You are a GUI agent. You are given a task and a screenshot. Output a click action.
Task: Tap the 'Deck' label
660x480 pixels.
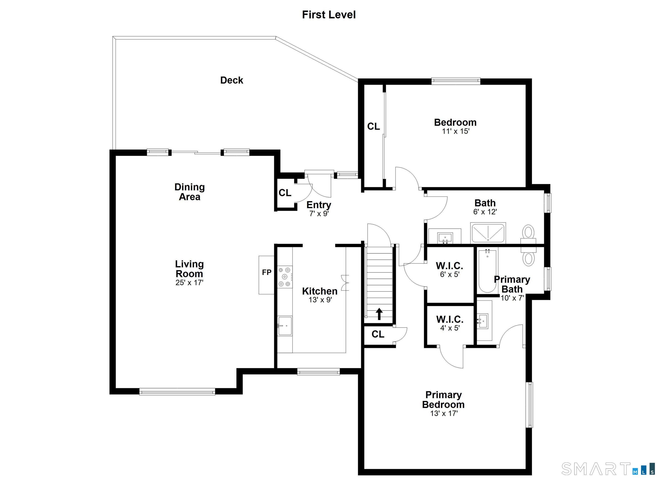(232, 80)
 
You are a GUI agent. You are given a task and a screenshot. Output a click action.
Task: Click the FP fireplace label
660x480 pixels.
(267, 272)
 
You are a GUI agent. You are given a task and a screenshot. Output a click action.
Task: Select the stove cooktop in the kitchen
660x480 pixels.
(285, 277)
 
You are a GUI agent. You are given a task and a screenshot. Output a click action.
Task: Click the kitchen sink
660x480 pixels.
(285, 326)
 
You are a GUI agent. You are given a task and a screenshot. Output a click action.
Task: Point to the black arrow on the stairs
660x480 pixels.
(379, 314)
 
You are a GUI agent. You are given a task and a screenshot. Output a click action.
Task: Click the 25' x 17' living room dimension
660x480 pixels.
(189, 282)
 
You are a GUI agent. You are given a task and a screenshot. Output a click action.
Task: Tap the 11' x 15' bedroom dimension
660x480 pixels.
(456, 131)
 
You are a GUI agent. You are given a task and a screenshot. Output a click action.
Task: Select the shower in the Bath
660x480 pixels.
(488, 232)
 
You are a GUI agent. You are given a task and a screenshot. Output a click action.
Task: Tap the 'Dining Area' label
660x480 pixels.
(189, 192)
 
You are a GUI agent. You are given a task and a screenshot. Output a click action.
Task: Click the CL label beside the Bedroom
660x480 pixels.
(373, 126)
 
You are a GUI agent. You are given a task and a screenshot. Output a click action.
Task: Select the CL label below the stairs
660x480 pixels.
(378, 334)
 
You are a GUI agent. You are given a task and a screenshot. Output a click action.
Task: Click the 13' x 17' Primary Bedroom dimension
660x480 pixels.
(444, 413)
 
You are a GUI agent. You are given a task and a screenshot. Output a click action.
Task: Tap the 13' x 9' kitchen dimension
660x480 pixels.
(320, 300)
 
